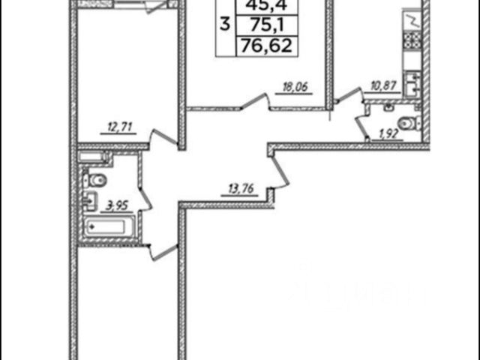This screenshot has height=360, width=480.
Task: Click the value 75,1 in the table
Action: point(264,28)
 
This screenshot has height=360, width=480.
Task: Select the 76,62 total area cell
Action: point(264,46)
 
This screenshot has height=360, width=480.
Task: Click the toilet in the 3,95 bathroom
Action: point(96,179)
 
